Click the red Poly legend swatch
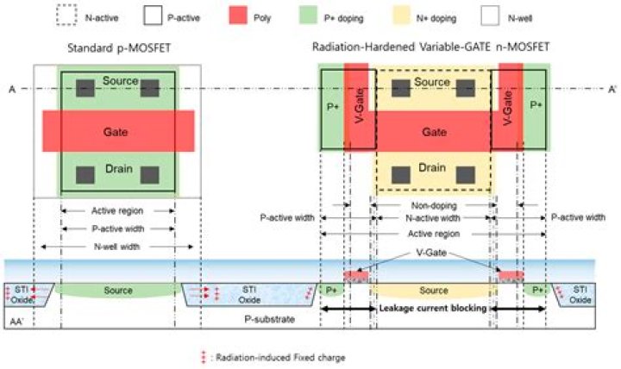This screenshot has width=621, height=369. coord(238,16)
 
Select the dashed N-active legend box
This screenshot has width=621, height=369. coord(66,16)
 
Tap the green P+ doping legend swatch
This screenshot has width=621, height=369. coord(308,16)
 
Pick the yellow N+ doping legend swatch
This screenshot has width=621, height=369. coord(402,16)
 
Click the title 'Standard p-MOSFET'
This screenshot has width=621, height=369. coord(119,48)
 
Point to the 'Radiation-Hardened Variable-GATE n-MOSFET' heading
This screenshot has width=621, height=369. coord(431,47)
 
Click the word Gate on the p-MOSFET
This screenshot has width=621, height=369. coord(116,131)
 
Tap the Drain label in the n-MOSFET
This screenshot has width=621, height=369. coord(432,167)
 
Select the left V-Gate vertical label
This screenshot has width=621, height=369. coord(360,106)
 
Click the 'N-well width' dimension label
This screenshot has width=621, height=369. coord(116,247)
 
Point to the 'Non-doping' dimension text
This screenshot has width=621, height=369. coord(434,205)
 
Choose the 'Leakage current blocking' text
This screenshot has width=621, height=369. coord(433,308)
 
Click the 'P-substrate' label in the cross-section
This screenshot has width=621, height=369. coord(270,319)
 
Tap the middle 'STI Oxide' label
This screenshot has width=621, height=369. coord(249,295)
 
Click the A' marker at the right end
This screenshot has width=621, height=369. coord(612,90)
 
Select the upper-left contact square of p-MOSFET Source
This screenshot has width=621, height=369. coord(85,88)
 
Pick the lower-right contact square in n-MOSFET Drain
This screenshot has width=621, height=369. coord(466,175)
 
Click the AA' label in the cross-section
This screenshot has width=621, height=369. coord(16,322)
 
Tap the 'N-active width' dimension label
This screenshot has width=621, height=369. coord(433,218)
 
